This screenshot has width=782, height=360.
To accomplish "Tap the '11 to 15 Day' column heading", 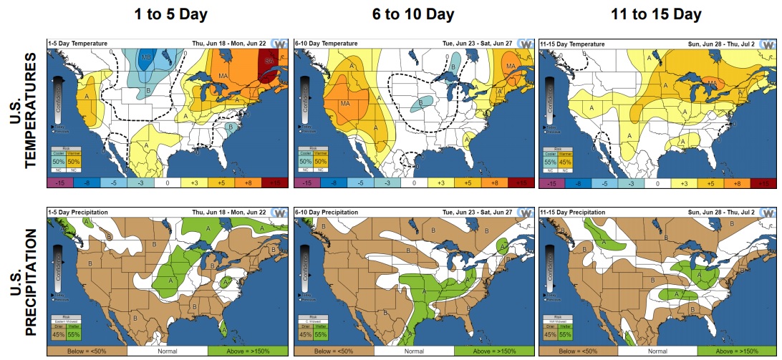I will [x=656, y=14].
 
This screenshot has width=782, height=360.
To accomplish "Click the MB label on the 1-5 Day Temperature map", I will [x=146, y=57].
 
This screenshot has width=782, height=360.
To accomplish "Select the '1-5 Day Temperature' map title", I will [x=74, y=42].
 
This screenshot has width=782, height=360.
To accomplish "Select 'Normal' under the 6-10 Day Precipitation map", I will [x=414, y=351].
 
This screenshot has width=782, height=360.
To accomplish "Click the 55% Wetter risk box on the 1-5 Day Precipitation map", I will [x=73, y=333].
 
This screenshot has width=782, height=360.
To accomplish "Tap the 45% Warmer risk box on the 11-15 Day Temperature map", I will [x=565, y=162].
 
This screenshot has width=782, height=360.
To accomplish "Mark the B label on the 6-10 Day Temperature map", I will [x=420, y=104].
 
